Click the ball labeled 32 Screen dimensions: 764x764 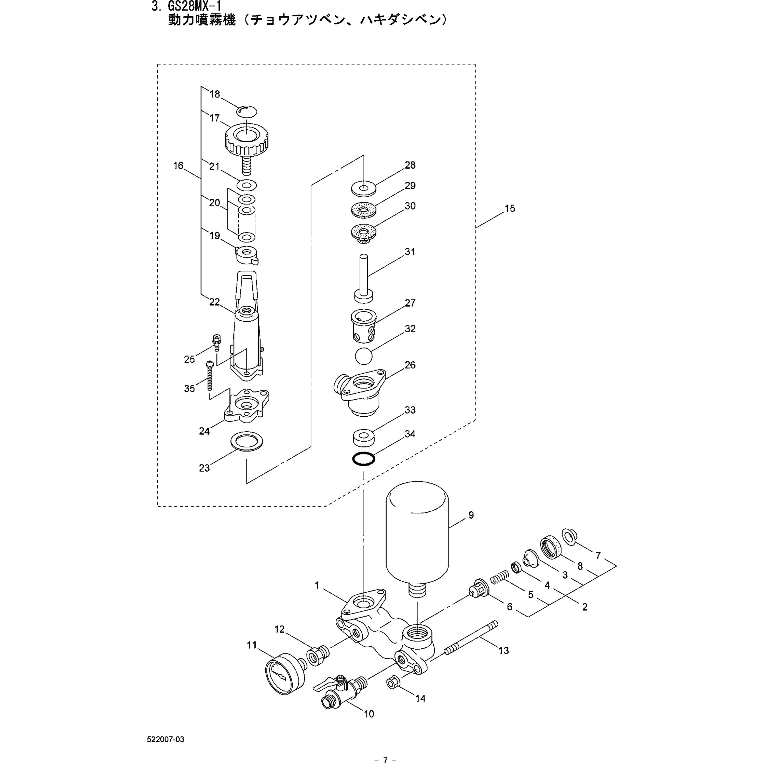363,356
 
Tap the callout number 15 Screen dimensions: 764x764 510,208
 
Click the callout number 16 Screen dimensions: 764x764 178,166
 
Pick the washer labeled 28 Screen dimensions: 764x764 363,187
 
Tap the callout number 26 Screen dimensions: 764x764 410,365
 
